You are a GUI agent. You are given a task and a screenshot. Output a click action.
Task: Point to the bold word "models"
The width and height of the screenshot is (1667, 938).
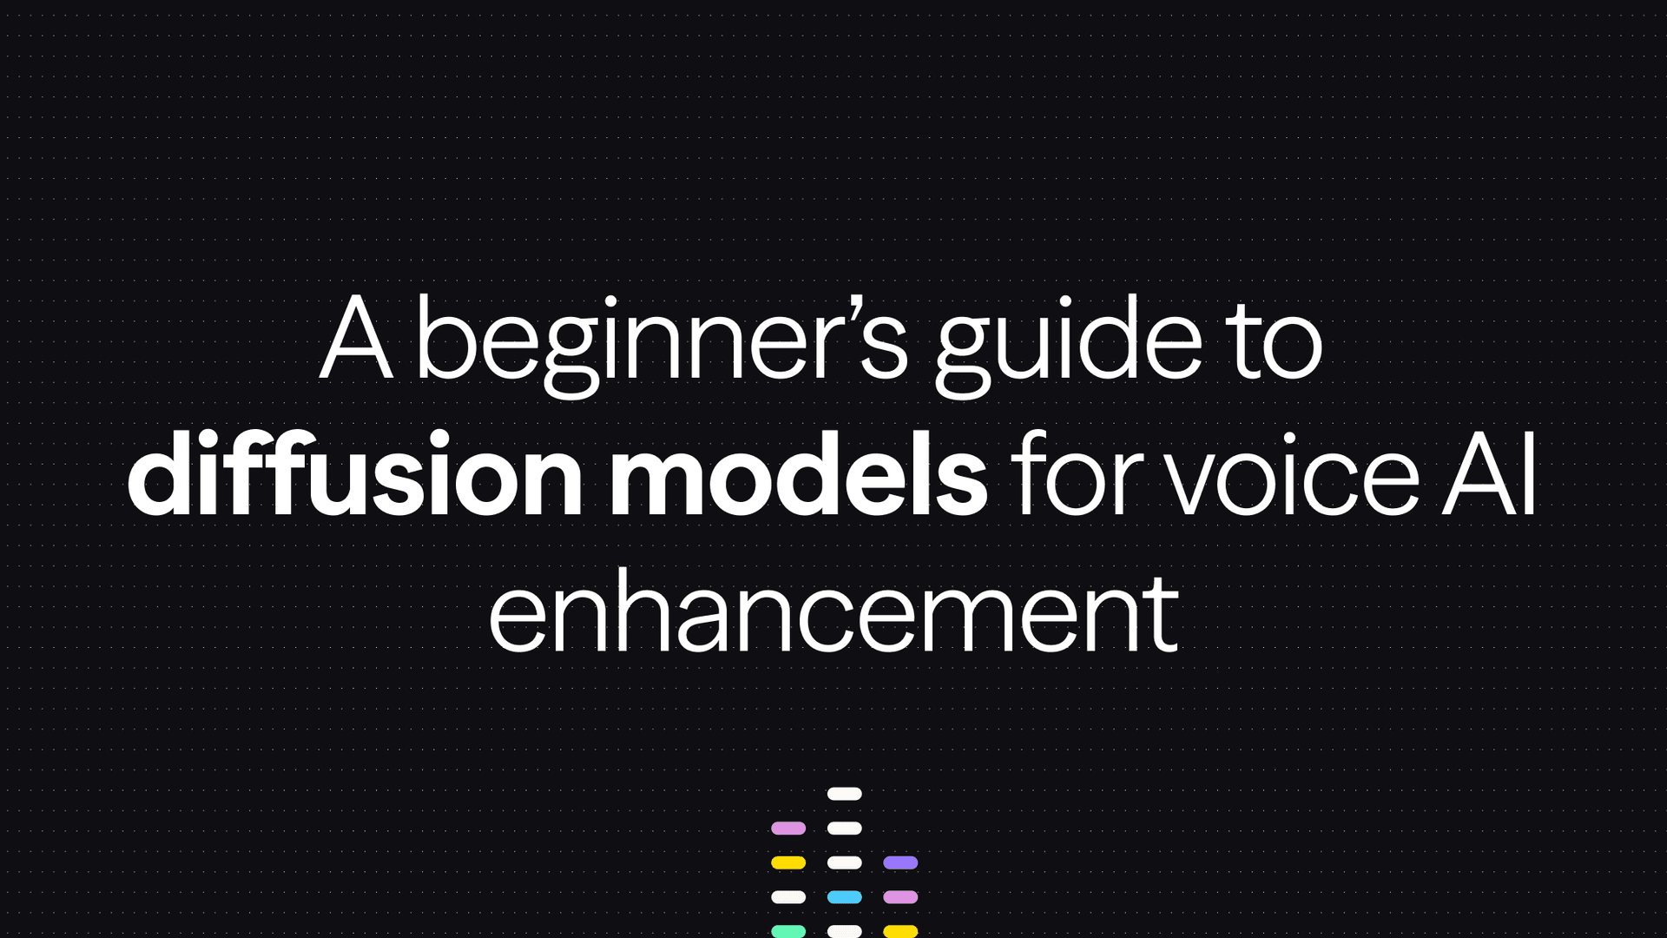point(797,476)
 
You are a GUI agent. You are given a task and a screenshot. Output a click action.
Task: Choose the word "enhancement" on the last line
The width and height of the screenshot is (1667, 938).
point(833,615)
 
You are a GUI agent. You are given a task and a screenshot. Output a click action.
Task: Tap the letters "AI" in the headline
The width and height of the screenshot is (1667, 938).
point(1489,476)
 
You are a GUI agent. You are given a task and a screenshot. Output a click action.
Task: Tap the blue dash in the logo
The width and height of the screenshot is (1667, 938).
point(844,897)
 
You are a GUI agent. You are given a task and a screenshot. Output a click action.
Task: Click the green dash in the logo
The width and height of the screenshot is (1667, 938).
point(788,931)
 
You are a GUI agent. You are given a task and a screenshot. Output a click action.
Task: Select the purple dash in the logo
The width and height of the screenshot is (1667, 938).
point(900,862)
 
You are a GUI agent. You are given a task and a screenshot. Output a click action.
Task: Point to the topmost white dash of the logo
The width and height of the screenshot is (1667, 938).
point(844,794)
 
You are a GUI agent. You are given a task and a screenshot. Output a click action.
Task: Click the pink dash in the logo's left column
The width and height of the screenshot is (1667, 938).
point(788,829)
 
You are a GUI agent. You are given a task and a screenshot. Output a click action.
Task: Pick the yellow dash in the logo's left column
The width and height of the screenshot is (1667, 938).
point(788,862)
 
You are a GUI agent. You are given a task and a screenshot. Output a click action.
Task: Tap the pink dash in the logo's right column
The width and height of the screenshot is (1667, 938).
point(900,897)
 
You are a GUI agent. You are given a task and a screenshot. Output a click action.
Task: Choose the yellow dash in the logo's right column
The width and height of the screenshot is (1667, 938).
point(900,931)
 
